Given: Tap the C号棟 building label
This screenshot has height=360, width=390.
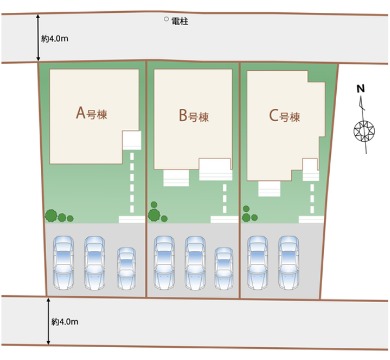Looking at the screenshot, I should pos(284,116).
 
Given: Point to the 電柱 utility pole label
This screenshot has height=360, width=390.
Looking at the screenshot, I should pos(179,20).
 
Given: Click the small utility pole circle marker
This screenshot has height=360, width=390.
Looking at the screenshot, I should pos(167,19).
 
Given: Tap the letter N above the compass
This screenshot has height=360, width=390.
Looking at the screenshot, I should pos(361,89).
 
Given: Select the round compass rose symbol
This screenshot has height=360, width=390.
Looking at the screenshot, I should pos(365,130).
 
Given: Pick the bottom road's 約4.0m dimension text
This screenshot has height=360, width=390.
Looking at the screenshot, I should pos(64,321).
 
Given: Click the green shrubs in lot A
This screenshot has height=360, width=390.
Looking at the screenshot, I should pos(57,216).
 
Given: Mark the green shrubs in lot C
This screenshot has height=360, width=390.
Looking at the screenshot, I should pos(249,215).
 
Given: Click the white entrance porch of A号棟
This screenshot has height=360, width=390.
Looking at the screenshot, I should pos(132,140).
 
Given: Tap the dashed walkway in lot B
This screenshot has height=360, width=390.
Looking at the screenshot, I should pos(225,200).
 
